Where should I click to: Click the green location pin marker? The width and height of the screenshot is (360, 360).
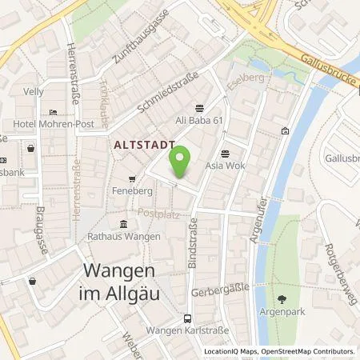point(182,161)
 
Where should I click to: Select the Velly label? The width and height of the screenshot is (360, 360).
point(33,92)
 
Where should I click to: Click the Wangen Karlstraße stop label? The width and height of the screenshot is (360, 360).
point(187,331)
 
